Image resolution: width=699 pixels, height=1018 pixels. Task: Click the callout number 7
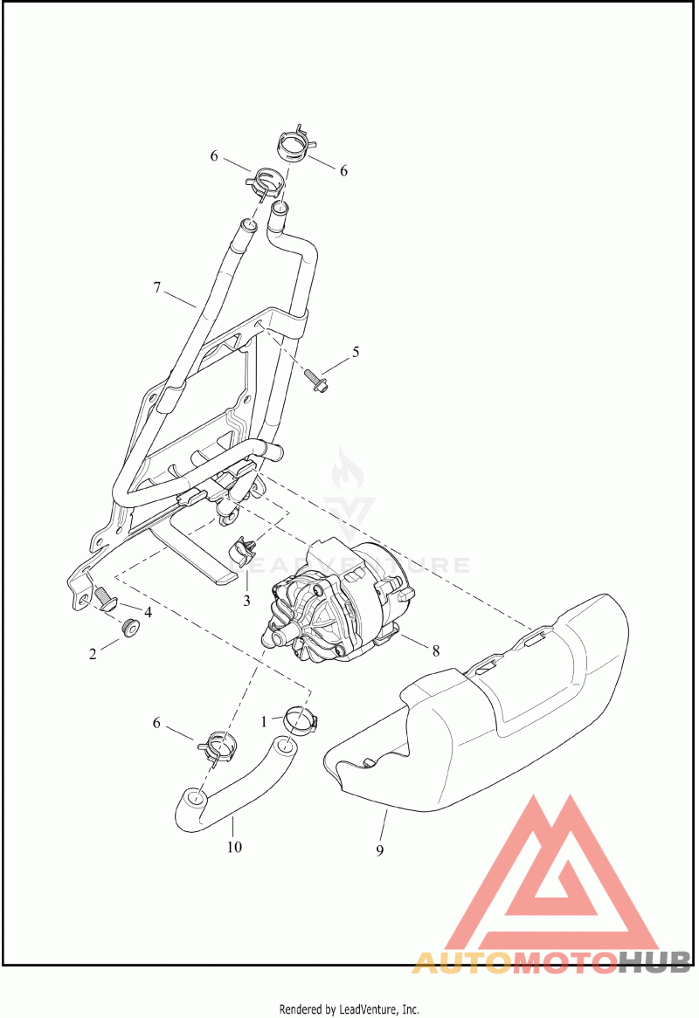(x=156, y=287)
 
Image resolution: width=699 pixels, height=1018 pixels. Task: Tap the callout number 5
(x=356, y=352)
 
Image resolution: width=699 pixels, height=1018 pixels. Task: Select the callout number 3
(x=246, y=602)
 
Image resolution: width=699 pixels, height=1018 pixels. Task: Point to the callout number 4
(x=149, y=611)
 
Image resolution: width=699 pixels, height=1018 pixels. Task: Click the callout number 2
(x=93, y=654)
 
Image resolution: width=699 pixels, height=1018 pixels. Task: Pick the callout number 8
(x=435, y=650)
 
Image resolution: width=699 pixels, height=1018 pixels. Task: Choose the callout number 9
(x=379, y=849)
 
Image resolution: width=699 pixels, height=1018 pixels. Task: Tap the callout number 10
(x=234, y=847)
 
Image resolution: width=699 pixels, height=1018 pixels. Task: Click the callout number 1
(x=265, y=720)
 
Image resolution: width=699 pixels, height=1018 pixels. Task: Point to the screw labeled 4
(x=106, y=599)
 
